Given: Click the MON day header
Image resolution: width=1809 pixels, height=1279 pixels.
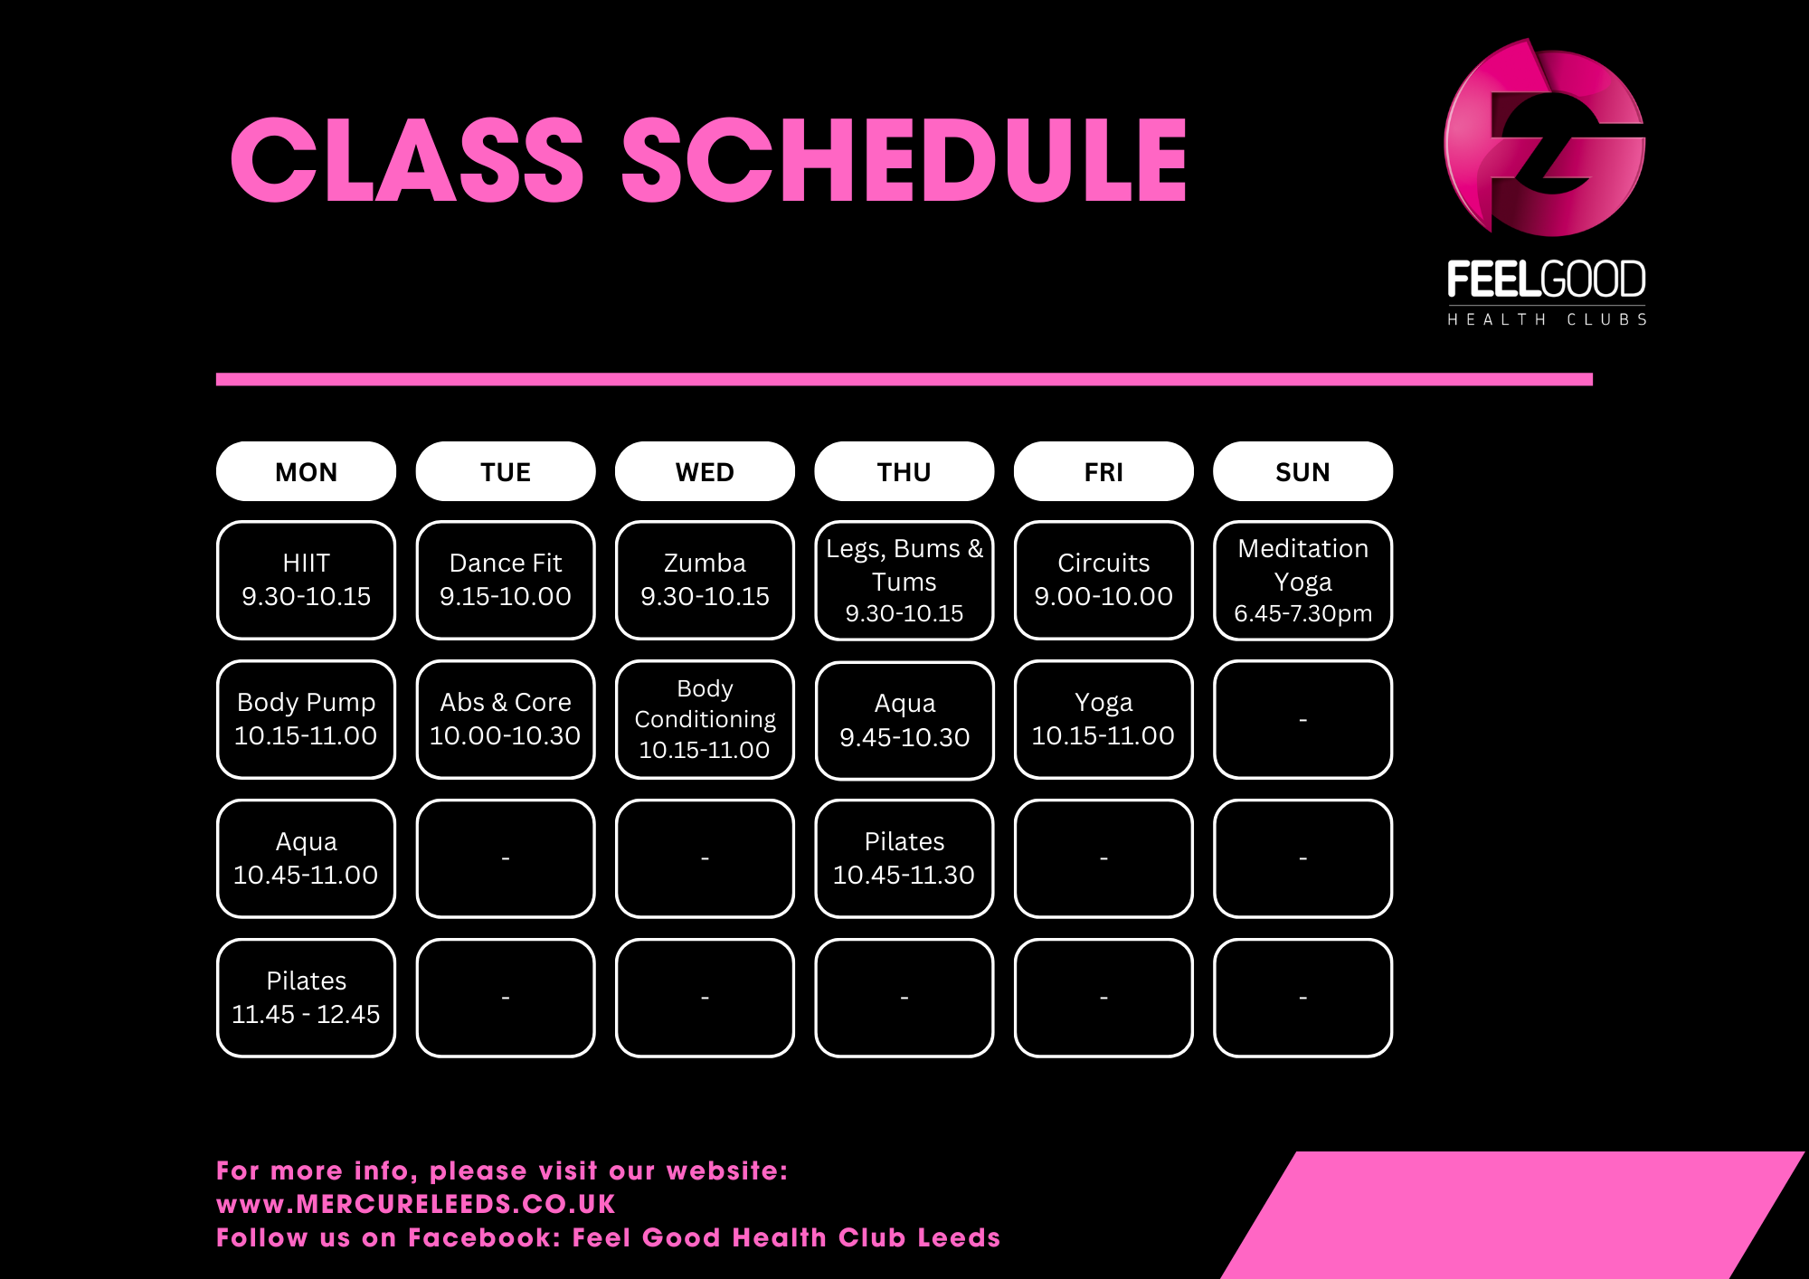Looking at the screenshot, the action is (x=306, y=471).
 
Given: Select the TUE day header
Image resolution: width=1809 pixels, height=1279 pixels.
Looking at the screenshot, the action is (x=506, y=471).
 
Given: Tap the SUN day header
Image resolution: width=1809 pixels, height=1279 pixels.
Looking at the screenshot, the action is (x=1302, y=471).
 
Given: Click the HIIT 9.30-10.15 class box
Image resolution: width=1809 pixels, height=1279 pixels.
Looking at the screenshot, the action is (x=306, y=580).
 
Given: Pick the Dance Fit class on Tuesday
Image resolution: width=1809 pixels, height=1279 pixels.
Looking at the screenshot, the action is (x=506, y=580).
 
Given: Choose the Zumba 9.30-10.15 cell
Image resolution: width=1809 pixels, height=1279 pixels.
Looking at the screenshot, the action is (x=705, y=580).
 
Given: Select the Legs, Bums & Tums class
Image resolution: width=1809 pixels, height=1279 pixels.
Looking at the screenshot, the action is (x=904, y=580).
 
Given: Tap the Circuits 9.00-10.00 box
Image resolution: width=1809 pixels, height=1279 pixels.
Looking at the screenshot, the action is (x=1103, y=580).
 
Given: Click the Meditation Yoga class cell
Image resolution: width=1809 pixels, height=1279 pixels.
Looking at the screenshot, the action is (x=1302, y=580).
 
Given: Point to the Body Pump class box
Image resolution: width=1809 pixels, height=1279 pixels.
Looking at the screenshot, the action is (x=306, y=719).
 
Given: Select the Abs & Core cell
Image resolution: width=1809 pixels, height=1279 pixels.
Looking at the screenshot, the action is (x=506, y=719).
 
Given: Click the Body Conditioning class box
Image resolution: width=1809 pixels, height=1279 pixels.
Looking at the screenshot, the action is (x=705, y=719).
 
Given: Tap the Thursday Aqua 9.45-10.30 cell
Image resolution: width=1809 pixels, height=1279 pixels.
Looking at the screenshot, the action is (x=904, y=720).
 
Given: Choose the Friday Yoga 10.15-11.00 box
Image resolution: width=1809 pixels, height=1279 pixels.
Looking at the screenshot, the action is (x=1103, y=719).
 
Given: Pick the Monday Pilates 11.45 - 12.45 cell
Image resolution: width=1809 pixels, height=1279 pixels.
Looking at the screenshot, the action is (x=306, y=998).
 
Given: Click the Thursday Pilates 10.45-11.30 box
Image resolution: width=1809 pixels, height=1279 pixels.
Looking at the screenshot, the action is (x=904, y=858).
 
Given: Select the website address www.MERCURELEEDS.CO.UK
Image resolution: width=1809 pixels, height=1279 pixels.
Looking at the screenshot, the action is (x=416, y=1204).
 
